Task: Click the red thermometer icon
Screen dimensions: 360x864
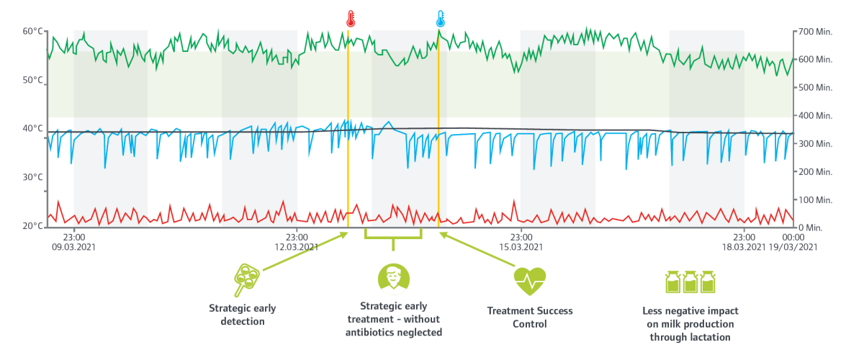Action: coord(350,19)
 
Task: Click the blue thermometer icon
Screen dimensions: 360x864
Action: coord(441,19)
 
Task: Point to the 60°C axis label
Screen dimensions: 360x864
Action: coord(33,31)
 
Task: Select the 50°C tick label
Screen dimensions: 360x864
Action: coord(33,80)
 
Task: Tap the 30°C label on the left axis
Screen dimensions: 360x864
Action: coord(33,177)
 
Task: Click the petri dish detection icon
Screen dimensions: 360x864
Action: coord(246,279)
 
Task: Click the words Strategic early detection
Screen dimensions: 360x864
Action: coord(242,315)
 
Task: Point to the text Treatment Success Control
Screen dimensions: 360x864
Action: coord(530,318)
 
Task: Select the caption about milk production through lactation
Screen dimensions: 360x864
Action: coord(690,324)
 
